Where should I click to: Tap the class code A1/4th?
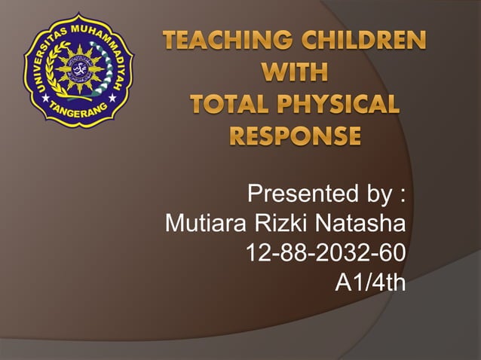pos(369,282)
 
